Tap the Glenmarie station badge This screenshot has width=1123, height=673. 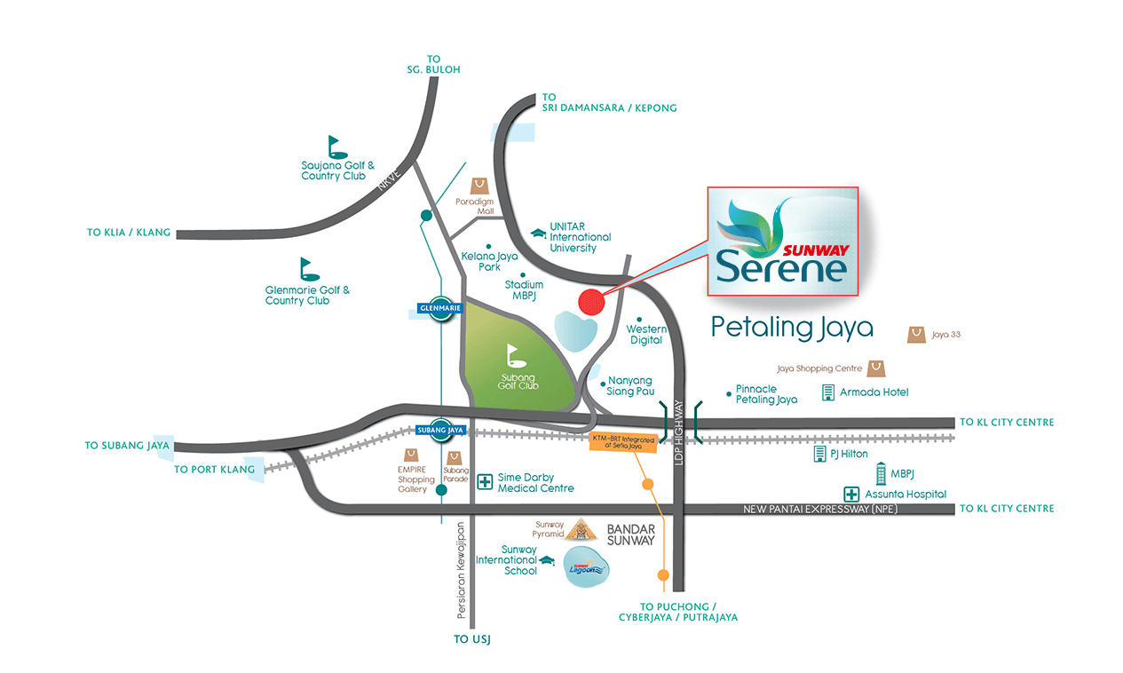(441, 309)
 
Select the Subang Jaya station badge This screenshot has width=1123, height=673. (441, 431)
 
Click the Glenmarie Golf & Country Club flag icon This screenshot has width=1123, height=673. (308, 269)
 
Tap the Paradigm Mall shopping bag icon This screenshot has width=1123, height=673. (480, 184)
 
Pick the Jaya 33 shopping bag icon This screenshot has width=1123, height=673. (916, 335)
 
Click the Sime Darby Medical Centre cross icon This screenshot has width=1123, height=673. (485, 482)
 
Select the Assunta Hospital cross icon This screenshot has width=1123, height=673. (850, 494)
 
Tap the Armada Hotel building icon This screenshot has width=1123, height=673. (828, 392)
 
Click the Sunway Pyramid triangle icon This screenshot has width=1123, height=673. (582, 530)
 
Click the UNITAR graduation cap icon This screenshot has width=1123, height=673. (538, 234)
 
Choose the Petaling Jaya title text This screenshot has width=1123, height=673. (792, 329)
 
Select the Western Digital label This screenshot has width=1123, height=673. (646, 335)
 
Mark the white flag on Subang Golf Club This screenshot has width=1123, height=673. (516, 355)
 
